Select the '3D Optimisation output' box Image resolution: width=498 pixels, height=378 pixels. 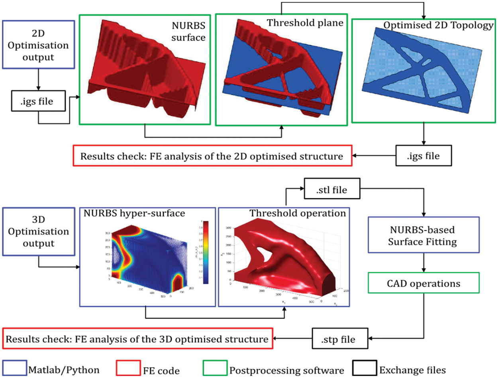[38, 232]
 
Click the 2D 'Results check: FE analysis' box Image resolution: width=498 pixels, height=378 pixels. [212, 156]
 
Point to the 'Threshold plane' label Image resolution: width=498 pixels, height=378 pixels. [305, 23]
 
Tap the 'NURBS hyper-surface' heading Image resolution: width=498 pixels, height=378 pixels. [134, 214]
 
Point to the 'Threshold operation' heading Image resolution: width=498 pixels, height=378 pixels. [298, 214]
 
